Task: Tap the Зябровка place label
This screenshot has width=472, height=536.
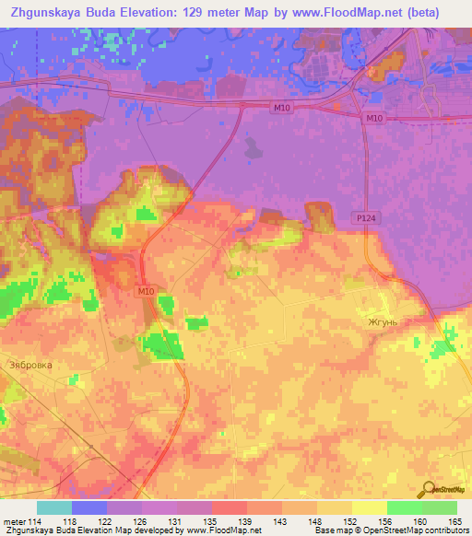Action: click(30, 366)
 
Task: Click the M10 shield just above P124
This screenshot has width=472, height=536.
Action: click(372, 119)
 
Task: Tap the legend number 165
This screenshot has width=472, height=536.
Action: click(455, 520)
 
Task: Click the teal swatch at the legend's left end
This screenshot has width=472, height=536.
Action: click(54, 507)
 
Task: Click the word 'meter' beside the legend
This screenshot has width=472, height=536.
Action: click(14, 520)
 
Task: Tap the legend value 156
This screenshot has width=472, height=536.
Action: click(385, 520)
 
